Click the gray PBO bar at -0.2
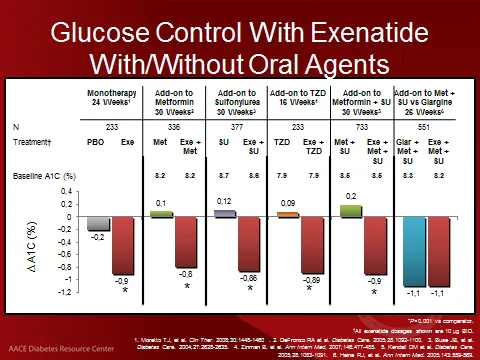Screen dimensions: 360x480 [98, 224]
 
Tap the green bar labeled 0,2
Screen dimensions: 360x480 [350, 211]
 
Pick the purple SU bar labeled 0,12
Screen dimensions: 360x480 [224, 213]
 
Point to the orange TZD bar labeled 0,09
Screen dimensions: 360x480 [286, 214]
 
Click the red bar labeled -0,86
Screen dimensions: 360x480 [250, 243]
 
